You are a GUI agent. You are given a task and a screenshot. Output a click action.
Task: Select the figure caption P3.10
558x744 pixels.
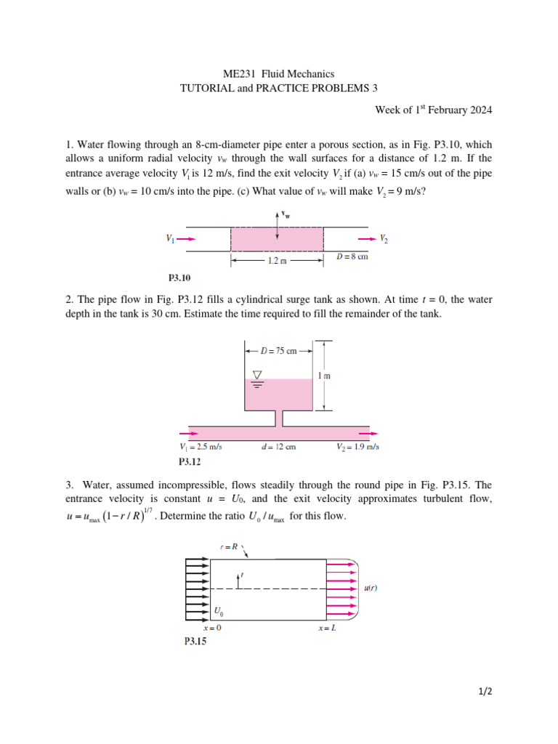[x=179, y=277]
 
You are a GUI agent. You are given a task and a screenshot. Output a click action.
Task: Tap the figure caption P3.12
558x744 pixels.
[x=190, y=461]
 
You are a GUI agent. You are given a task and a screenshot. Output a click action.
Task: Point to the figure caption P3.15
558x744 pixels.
[x=194, y=642]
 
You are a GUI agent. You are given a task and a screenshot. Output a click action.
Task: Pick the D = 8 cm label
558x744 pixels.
[x=352, y=257]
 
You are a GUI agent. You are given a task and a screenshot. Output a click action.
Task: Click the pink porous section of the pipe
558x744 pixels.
[x=277, y=238]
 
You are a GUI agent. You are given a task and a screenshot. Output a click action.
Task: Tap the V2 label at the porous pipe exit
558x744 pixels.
[x=384, y=238]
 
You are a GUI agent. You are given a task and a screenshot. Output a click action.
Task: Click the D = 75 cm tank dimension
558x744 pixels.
[x=278, y=351]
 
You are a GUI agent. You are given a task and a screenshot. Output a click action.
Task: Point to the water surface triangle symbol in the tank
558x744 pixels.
[x=256, y=376]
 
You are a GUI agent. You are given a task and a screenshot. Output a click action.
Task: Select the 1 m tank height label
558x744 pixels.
[x=325, y=376]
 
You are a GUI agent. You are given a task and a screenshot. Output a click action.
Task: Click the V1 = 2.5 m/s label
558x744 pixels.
[x=200, y=447]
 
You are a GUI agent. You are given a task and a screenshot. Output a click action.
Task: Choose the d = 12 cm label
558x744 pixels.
[x=278, y=447]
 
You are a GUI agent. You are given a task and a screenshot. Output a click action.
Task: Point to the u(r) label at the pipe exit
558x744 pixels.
[x=371, y=590]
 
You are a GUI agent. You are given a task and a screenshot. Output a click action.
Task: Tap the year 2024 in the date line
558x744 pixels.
[x=480, y=110]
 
